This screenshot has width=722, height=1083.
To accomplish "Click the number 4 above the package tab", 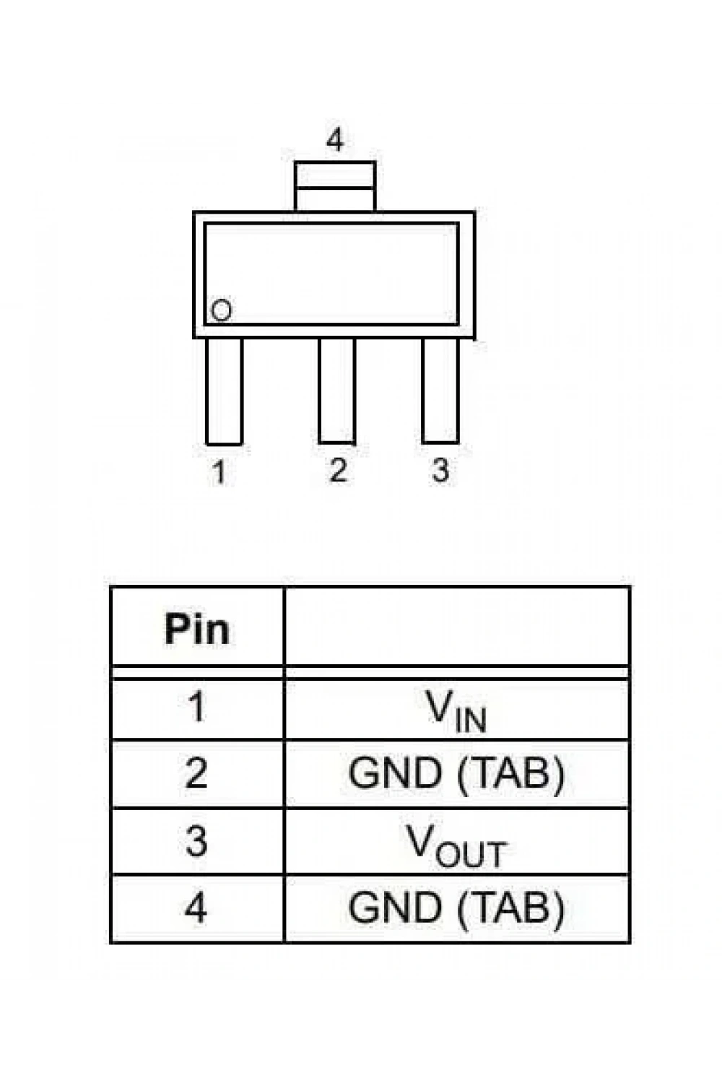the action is point(334,140).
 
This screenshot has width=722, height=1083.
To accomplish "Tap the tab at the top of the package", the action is point(334,186).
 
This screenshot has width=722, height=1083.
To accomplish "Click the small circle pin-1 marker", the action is point(222,310).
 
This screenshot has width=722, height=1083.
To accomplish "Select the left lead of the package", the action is point(224,391).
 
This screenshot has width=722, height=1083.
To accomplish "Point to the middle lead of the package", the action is point(337,391).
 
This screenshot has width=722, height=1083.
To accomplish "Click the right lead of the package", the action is point(440,391).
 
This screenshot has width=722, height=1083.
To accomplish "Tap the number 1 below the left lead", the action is point(219,471).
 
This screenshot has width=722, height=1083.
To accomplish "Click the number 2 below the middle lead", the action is point(338,469).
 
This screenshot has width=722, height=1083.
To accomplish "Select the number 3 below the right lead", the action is point(440,470).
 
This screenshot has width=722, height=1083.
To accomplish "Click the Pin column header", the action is point(197,629).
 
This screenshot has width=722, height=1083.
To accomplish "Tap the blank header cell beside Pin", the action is point(457,627).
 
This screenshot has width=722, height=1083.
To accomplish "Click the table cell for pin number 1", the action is point(197,709).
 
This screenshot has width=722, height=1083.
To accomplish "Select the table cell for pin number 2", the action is point(197,773).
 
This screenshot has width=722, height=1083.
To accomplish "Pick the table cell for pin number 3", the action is point(197,841).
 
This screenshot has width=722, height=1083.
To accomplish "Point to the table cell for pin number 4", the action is point(197,908).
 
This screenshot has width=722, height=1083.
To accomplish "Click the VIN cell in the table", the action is point(457,709).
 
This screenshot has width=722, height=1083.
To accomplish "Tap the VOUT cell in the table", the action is point(457,841).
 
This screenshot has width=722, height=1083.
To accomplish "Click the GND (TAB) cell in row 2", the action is point(457,773).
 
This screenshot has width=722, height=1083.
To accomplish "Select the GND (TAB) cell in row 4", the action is point(457,908).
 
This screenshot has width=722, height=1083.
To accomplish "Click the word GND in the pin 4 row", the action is point(395,907).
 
